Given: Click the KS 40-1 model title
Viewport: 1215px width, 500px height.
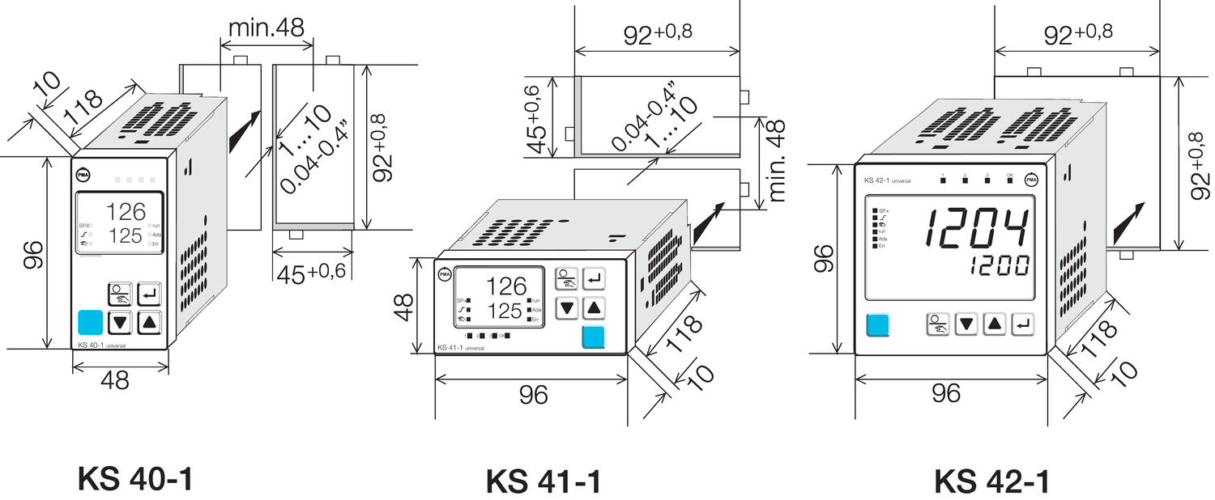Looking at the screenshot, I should (135, 478).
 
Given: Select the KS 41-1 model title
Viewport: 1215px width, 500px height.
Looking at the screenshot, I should (544, 481).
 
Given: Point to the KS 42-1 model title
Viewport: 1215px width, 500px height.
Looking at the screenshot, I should (991, 481).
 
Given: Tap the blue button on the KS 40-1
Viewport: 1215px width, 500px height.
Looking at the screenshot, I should (91, 323).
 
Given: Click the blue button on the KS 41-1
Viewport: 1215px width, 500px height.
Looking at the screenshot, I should (593, 337).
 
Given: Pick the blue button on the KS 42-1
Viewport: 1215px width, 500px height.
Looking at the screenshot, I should (877, 325).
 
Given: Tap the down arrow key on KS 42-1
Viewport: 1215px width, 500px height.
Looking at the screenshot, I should (966, 325).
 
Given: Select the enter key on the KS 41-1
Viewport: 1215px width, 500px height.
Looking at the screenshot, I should (594, 279).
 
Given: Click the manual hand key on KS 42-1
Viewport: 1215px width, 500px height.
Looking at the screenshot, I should (937, 325).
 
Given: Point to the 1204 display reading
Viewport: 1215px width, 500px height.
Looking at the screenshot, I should (979, 228).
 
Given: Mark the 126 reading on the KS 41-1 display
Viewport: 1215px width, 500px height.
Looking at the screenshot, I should (505, 286).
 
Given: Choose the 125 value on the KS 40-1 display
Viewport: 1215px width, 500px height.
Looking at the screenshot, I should (125, 235).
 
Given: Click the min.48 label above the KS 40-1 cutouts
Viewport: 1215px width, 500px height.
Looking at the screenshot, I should (266, 27).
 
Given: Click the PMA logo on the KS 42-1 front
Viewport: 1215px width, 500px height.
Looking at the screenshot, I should (1031, 180).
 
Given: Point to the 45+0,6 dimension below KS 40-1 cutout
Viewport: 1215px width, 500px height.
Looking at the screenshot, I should (311, 272).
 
